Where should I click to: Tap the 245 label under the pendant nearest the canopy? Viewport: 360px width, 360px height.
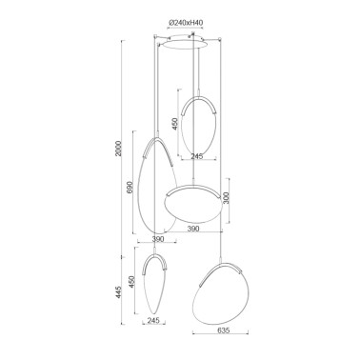coord(199,157)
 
